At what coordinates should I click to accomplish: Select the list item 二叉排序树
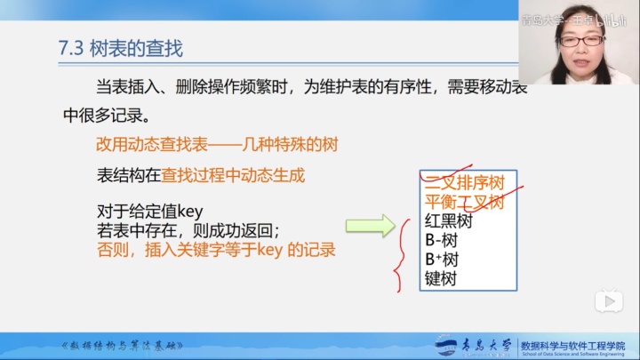point(463,183)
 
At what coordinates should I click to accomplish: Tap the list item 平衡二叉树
point(463,202)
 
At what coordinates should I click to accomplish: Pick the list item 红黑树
point(448,221)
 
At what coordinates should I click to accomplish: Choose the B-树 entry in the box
point(441,241)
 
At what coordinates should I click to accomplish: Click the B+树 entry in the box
point(442,260)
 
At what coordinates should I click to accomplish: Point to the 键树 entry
point(440,280)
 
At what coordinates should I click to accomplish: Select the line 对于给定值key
point(150,211)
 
